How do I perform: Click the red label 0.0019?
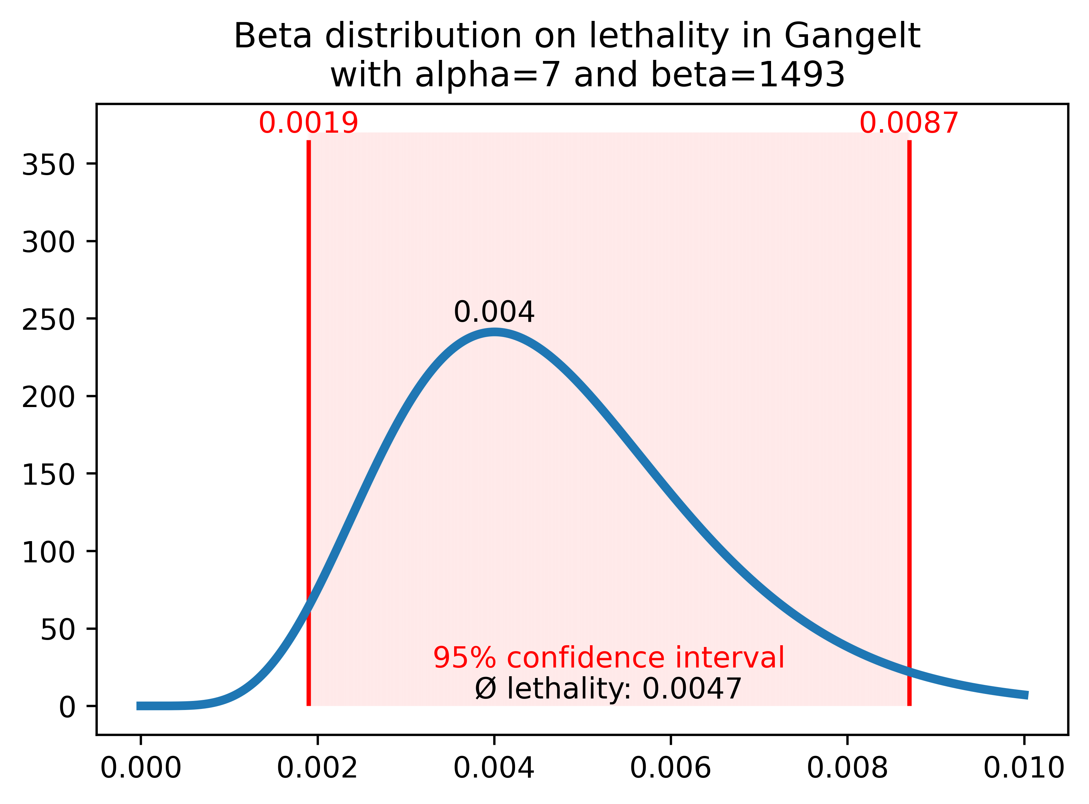coord(309,123)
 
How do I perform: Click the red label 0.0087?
coord(909,123)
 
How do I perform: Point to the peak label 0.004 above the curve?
coord(494,312)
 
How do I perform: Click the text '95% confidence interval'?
coord(608,658)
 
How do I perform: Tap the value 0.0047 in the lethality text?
coord(692,689)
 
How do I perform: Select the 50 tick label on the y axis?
coord(58,630)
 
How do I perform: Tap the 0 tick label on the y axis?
coord(67,708)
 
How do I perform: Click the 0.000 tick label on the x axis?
coord(141,769)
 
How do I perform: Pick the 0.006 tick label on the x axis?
coord(670,769)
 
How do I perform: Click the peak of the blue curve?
coord(494,333)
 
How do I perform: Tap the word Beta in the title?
coord(273,37)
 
